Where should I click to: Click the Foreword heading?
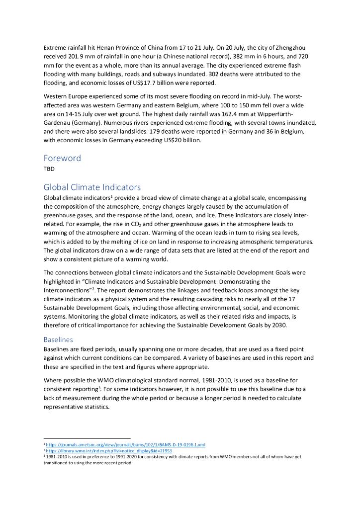click(x=62, y=158)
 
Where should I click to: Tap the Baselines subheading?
click(x=58, y=340)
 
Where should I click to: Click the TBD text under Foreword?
click(x=49, y=169)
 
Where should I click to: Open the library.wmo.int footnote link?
click(x=109, y=451)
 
